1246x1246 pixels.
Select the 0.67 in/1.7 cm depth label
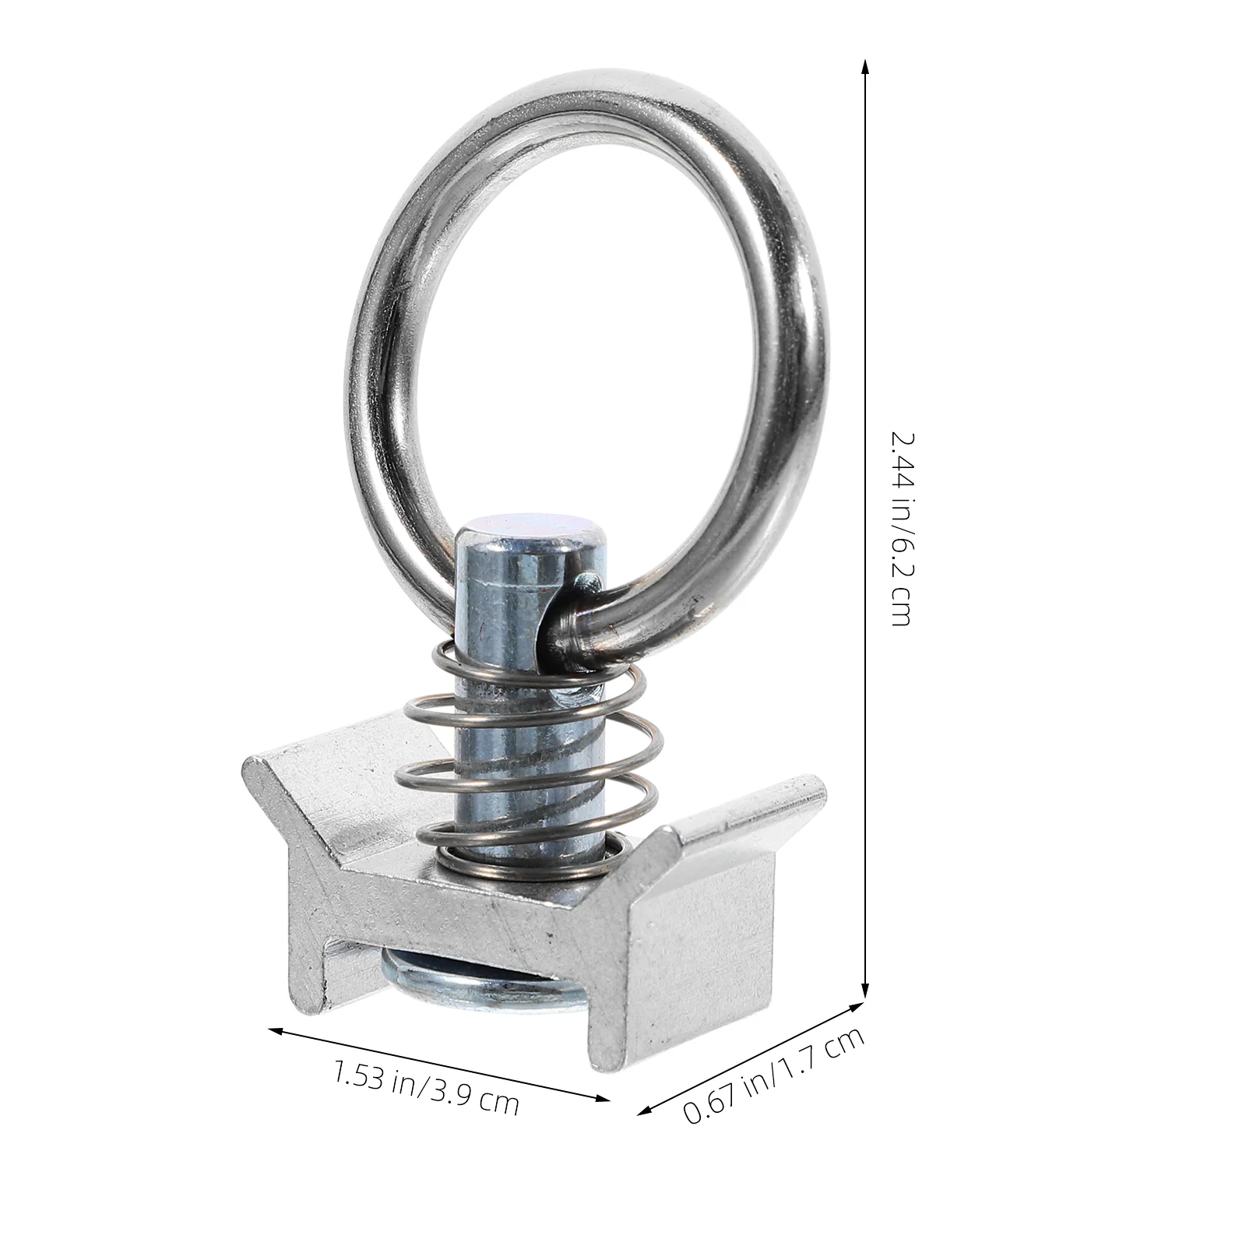[x=773, y=1075]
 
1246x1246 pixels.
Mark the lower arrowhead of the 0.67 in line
[x=644, y=1111]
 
